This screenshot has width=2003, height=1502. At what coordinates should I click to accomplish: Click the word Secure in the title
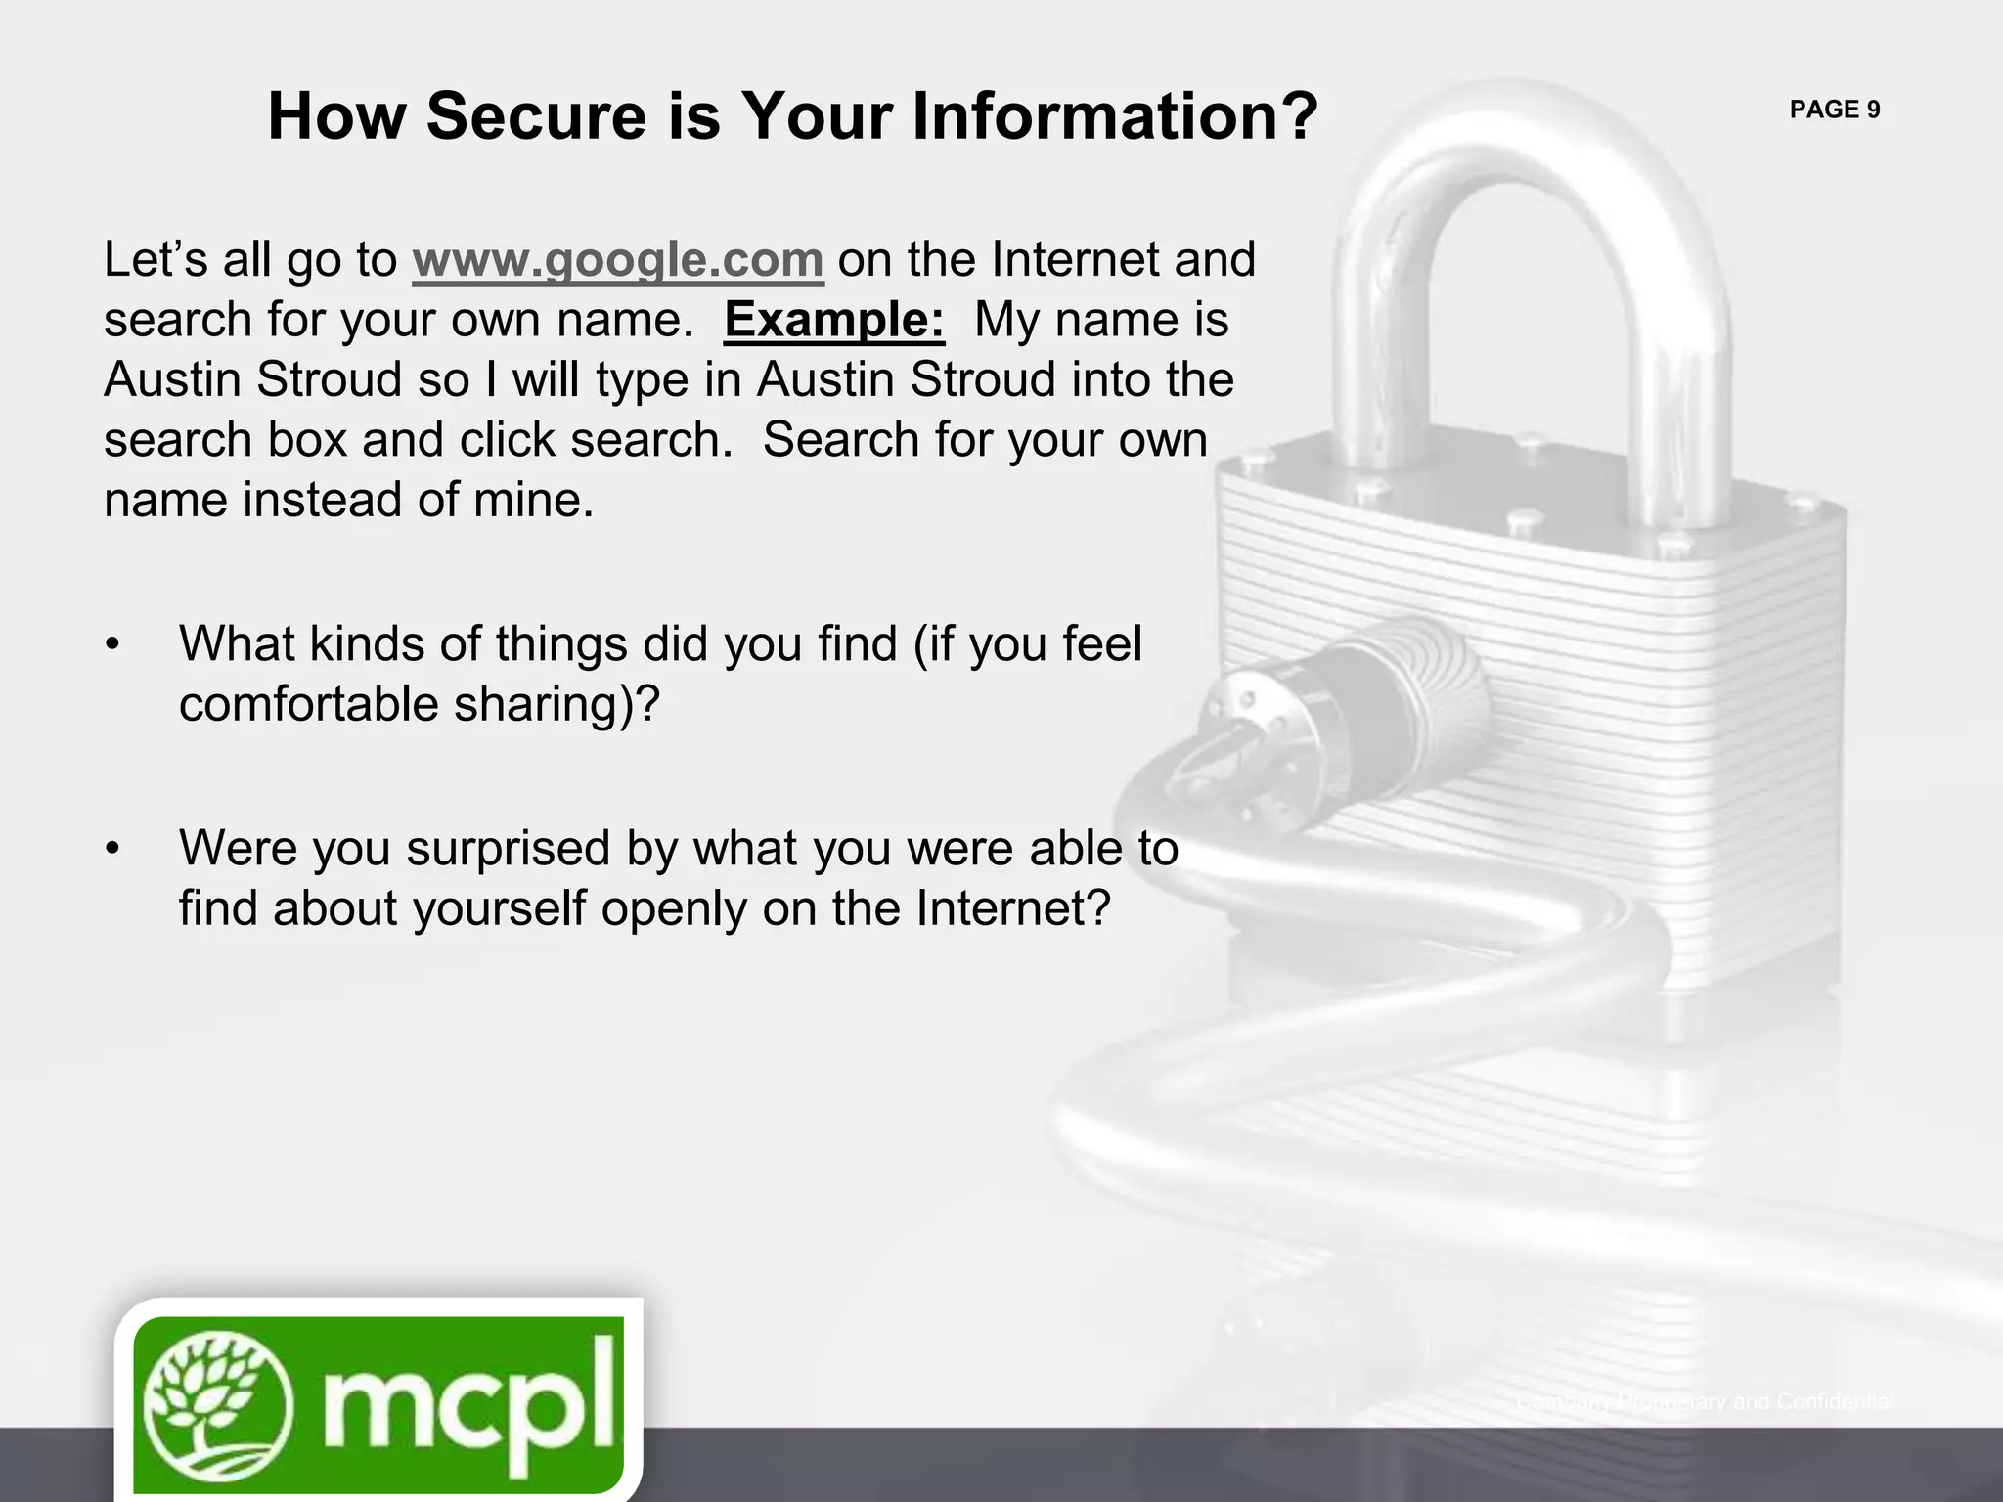(x=536, y=116)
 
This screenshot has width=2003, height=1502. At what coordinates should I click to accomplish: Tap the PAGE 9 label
(x=1835, y=110)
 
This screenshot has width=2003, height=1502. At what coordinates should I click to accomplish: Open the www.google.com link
(x=618, y=260)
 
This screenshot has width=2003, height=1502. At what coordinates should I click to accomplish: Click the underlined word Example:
(x=834, y=320)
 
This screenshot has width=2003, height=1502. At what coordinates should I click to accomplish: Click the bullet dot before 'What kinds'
(x=113, y=645)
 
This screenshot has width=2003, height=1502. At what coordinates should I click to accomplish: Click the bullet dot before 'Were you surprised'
(x=113, y=849)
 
